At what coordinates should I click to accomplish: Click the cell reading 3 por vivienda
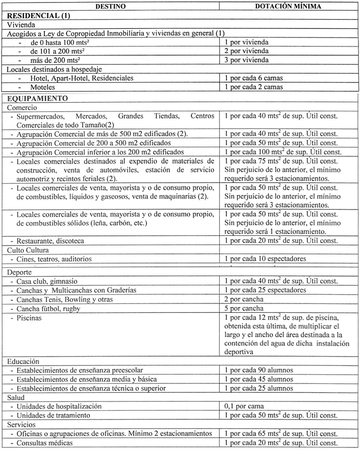[247, 60]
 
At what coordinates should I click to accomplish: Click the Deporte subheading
[20, 272]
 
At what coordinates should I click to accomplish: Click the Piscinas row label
[30, 318]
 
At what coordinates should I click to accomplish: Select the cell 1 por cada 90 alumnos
[259, 370]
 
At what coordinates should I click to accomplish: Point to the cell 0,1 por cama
[242, 407]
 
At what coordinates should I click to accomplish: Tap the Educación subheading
[24, 361]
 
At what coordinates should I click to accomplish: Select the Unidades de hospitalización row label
[59, 407]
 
